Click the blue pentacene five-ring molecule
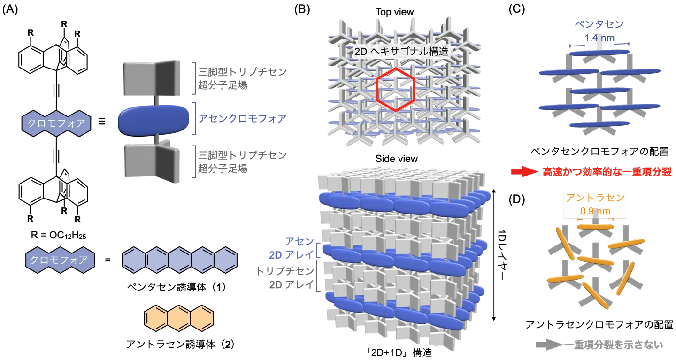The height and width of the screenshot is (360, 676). [x=179, y=260]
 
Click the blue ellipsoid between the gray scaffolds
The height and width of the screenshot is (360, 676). [x=153, y=121]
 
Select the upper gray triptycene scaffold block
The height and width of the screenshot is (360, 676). [x=151, y=78]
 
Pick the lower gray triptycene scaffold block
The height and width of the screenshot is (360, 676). [x=151, y=161]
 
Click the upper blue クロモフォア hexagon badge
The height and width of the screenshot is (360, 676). [x=56, y=124]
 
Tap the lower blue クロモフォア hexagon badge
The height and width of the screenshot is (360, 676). [x=58, y=260]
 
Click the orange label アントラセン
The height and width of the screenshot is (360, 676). [x=595, y=198]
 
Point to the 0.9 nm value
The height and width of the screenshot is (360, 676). [x=595, y=211]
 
